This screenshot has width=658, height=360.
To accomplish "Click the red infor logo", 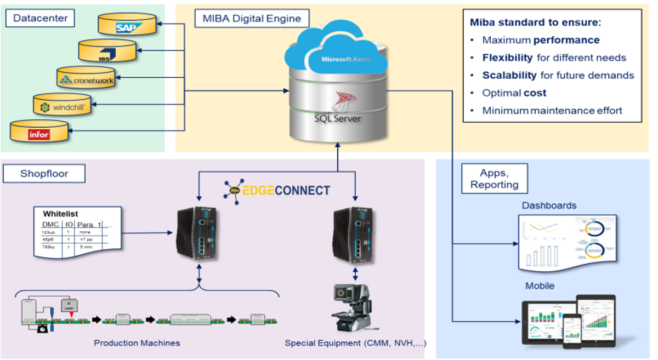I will [x=39, y=133].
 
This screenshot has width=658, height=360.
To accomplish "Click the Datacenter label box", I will [x=40, y=18].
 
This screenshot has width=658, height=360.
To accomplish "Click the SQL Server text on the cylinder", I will [x=338, y=117].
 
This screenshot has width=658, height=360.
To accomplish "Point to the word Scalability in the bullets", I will [x=509, y=75].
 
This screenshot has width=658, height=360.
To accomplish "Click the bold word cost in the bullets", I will [x=535, y=93].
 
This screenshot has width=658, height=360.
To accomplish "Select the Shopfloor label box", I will [x=44, y=174].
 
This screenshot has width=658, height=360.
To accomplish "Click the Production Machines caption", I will [x=137, y=343].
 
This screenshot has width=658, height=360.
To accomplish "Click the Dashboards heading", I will [x=549, y=205].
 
